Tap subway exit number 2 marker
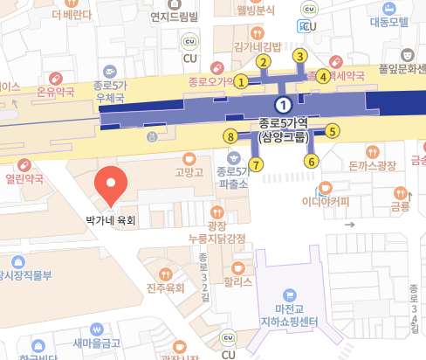[x=262, y=61]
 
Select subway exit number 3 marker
[x=299, y=57]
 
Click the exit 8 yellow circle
[x=230, y=136]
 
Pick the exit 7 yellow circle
[x=256, y=164]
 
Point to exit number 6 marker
[x=311, y=161]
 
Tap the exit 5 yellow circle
[x=332, y=131]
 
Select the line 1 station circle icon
[x=281, y=104]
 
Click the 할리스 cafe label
[x=237, y=282]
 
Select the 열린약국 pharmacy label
[x=24, y=178]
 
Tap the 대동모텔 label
[x=389, y=22]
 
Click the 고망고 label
[x=189, y=172]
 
